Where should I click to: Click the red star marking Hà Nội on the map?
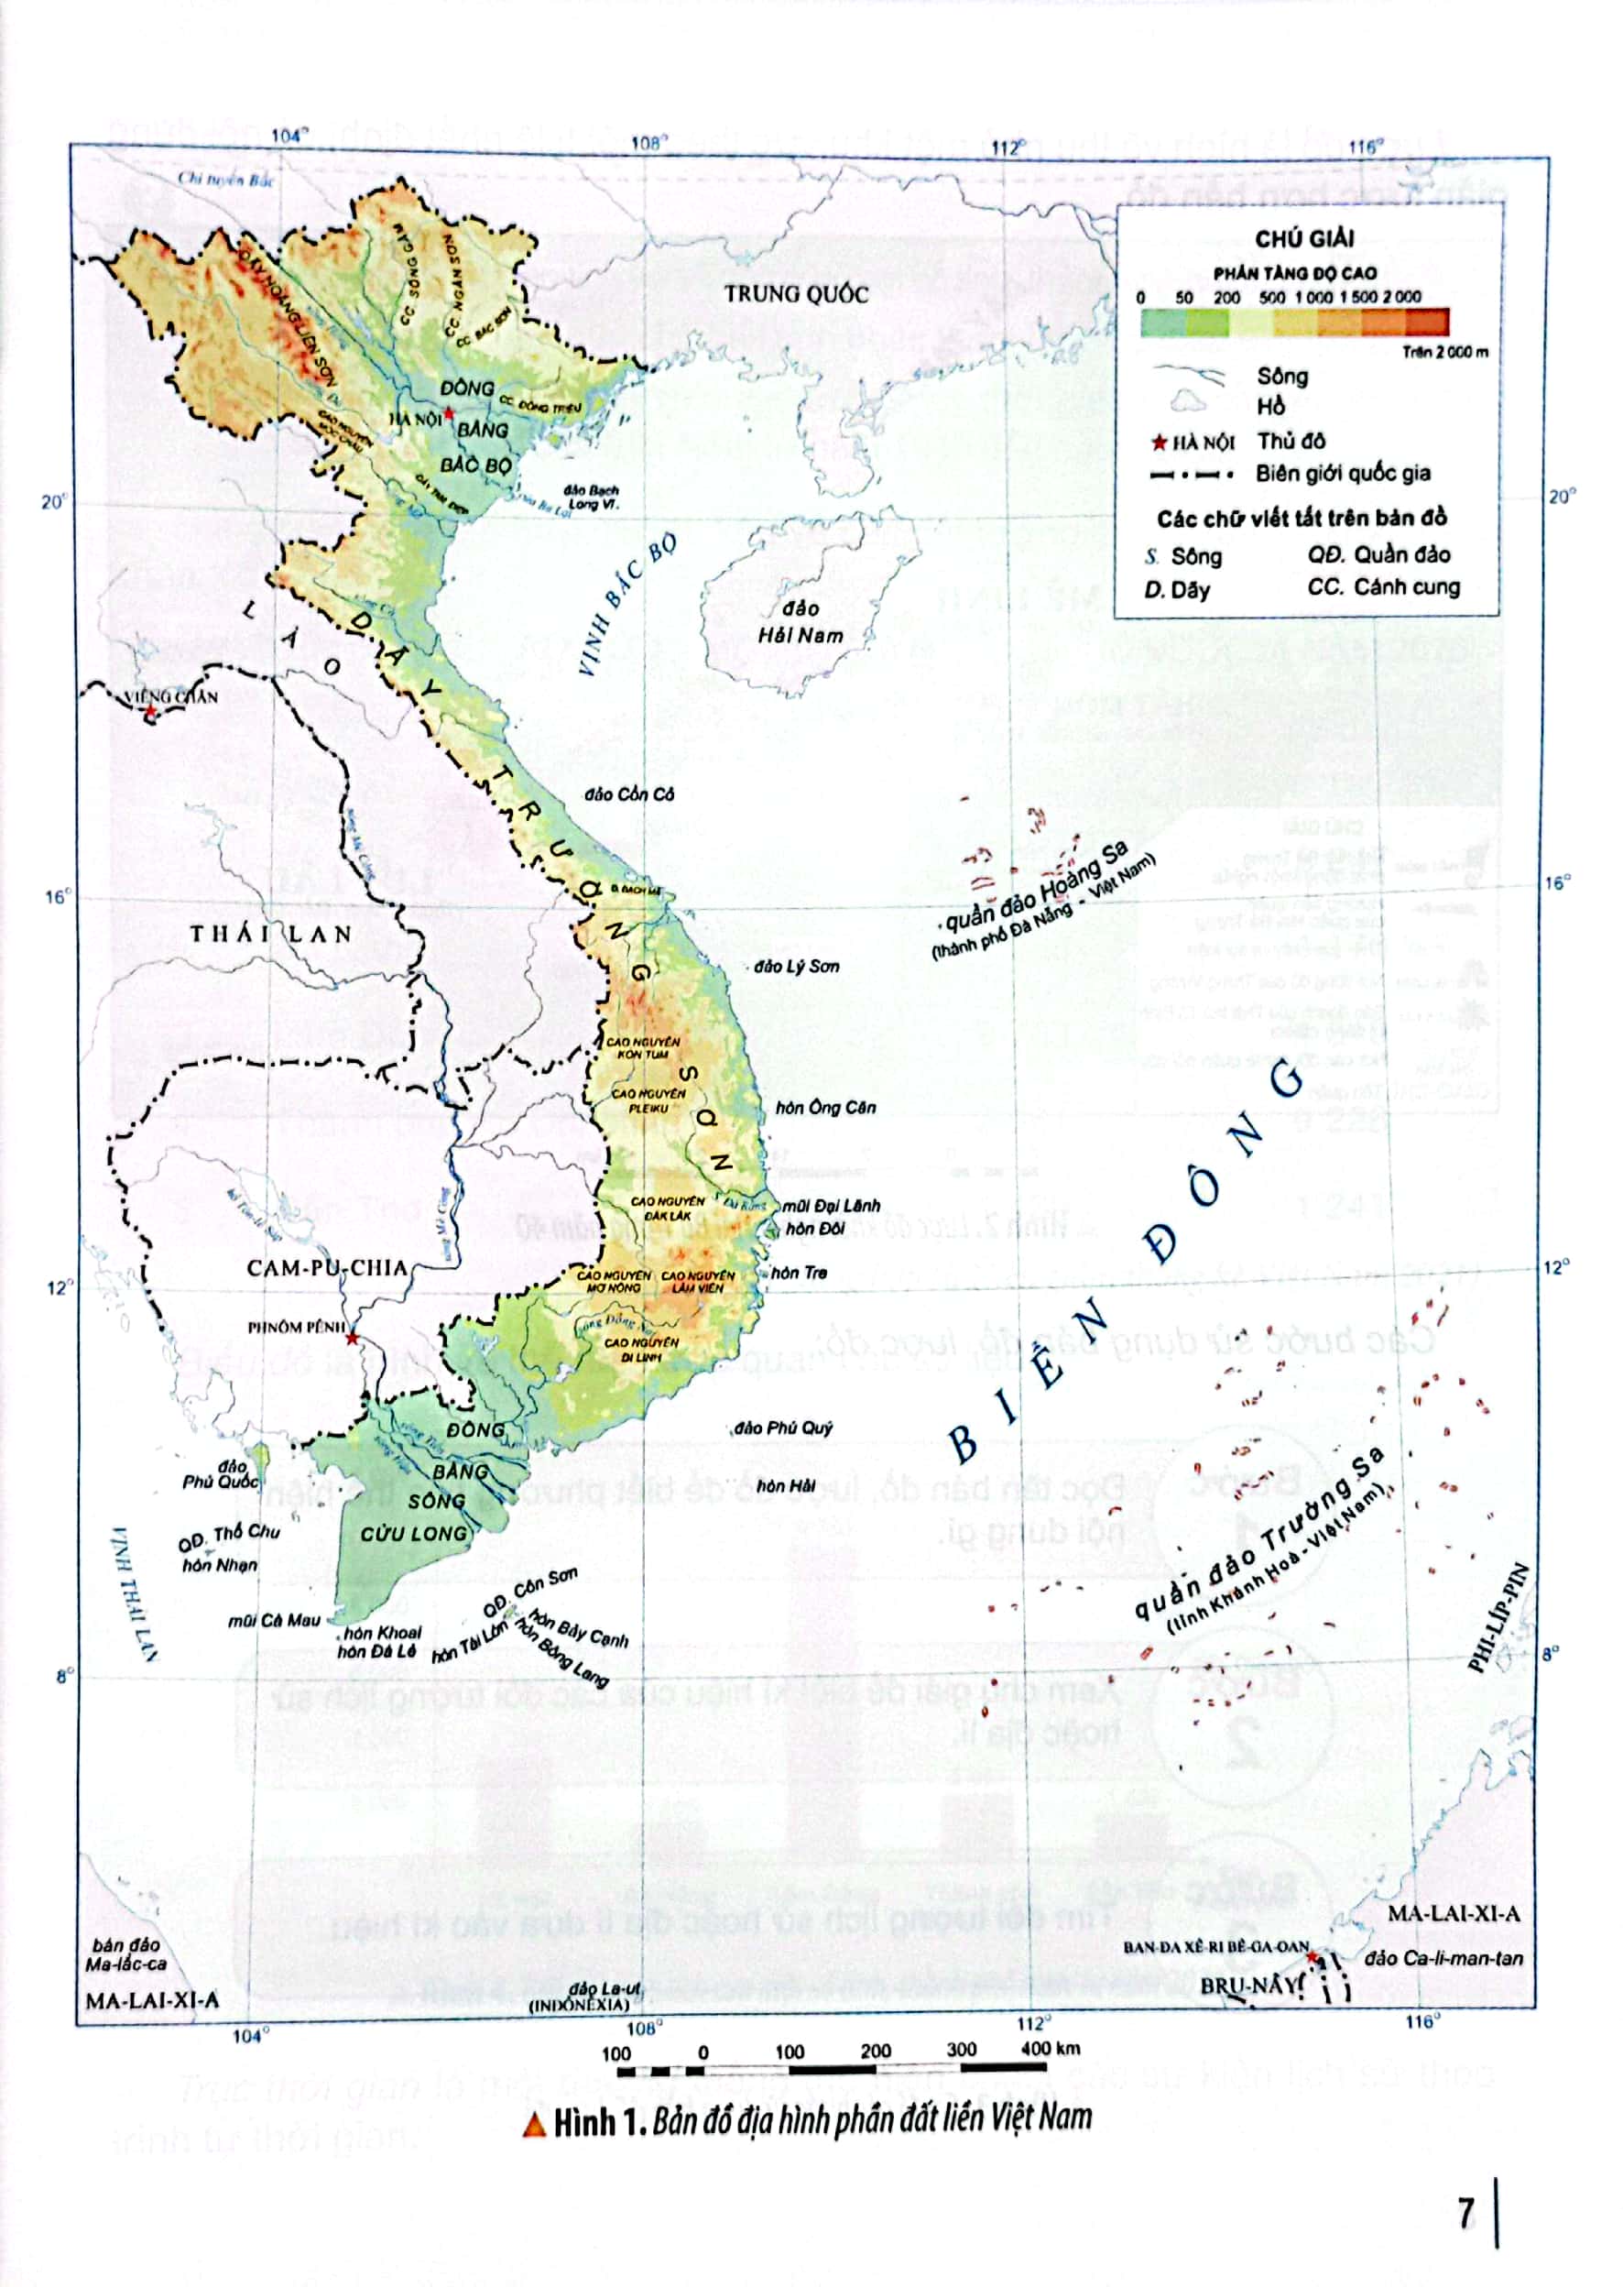[449, 414]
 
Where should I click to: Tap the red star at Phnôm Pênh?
[352, 1338]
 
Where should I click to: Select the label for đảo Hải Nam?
[800, 622]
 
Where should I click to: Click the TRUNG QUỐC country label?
[797, 294]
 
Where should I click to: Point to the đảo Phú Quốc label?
[220, 1473]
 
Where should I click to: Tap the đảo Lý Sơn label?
[797, 967]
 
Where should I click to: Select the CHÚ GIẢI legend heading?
[1304, 238]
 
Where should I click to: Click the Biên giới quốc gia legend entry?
[1342, 474]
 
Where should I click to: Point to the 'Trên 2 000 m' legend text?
[1444, 352]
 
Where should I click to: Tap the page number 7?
[1465, 2213]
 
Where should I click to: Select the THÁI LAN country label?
[271, 935]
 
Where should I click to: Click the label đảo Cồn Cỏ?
[629, 793]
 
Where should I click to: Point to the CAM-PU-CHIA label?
[327, 1267]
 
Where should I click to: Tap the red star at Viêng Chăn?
[150, 712]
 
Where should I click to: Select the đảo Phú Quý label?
[782, 1428]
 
